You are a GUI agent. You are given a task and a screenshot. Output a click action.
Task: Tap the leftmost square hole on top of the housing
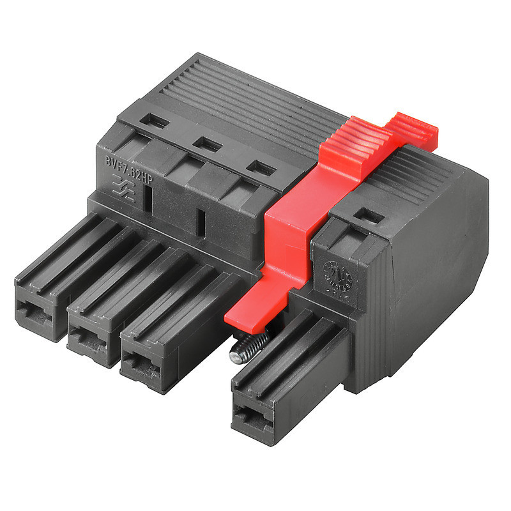[155, 120]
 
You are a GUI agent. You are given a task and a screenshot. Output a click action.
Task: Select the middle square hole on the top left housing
[206, 144]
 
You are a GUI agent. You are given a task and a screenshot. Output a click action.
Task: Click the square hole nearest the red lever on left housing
[261, 169]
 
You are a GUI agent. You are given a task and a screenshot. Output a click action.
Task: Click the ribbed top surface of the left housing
[249, 96]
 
